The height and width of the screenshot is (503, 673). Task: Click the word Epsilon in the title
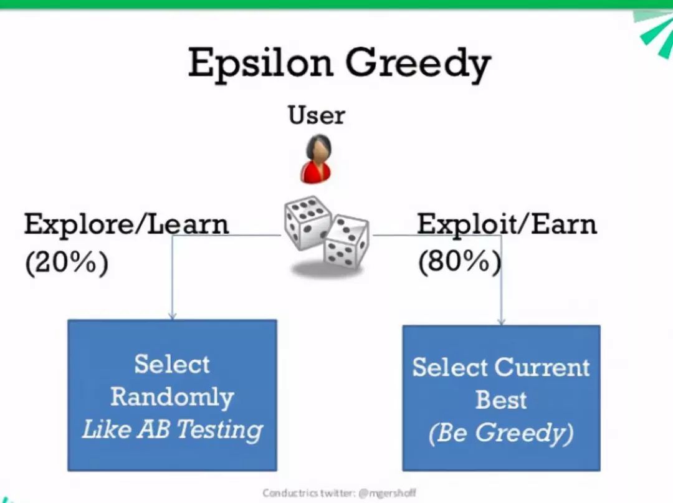[260, 63]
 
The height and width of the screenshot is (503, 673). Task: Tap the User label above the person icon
[317, 115]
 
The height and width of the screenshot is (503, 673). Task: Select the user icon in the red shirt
[317, 159]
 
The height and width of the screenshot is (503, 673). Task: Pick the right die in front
[346, 241]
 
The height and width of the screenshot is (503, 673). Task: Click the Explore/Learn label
[126, 224]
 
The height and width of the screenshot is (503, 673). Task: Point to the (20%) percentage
[67, 261]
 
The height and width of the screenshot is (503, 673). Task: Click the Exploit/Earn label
[507, 224]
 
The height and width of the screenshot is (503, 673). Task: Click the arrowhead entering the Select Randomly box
[173, 316]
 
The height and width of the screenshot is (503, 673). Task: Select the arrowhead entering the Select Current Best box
[501, 321]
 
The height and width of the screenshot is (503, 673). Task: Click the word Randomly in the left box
[172, 396]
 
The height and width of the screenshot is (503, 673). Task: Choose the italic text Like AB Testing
[172, 429]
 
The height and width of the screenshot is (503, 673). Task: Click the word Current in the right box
[542, 367]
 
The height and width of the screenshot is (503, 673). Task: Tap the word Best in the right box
[501, 400]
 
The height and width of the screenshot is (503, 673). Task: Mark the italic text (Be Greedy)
[501, 433]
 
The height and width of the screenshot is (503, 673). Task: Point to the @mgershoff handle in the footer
[387, 493]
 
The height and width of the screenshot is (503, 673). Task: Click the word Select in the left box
[172, 364]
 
